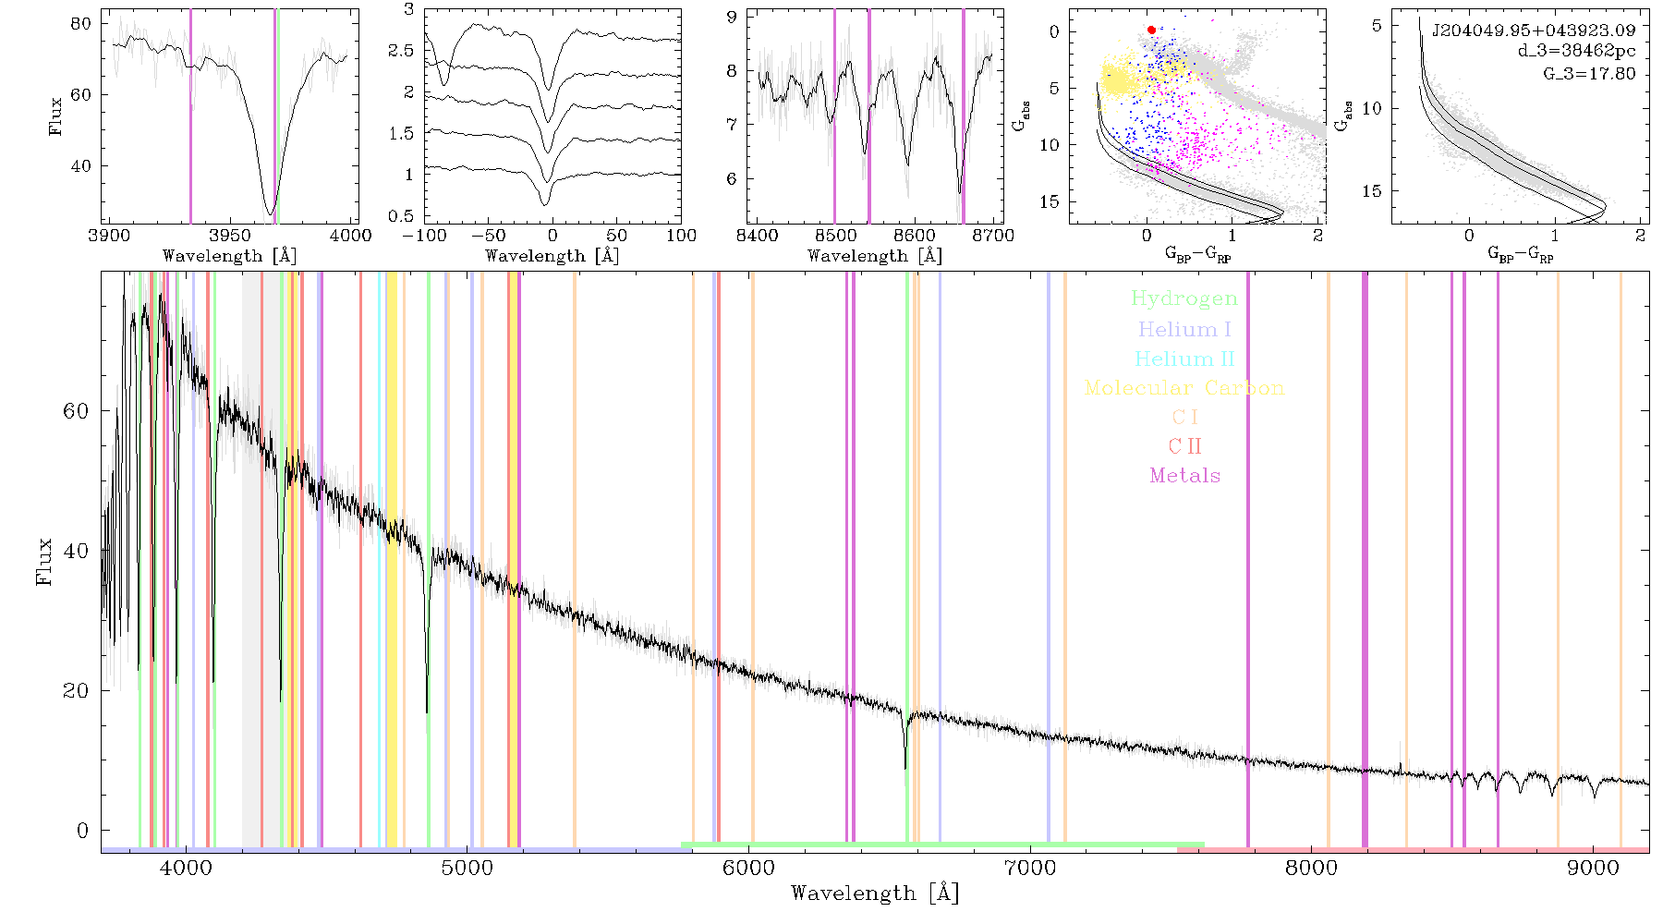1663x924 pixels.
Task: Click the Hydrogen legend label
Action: click(x=1184, y=299)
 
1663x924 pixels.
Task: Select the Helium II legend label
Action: click(x=1184, y=359)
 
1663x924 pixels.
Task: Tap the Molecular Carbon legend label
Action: click(x=1184, y=388)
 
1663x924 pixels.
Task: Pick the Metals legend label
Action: click(x=1184, y=476)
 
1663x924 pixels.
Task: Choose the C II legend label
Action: click(x=1184, y=446)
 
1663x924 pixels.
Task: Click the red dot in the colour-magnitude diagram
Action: click(x=1151, y=30)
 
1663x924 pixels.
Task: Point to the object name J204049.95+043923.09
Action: click(x=1534, y=30)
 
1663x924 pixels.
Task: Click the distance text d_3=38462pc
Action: click(x=1576, y=52)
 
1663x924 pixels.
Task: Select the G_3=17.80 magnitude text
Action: click(x=1589, y=74)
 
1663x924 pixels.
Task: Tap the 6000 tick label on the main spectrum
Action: click(x=748, y=868)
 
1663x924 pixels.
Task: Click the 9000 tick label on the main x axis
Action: click(x=1593, y=868)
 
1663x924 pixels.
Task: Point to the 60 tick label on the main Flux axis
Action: click(x=76, y=410)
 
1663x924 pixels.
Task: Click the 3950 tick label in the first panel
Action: click(x=229, y=236)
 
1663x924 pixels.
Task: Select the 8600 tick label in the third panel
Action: click(x=915, y=236)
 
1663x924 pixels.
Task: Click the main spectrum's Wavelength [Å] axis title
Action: click(x=875, y=894)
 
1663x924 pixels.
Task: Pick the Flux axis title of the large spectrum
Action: click(x=43, y=562)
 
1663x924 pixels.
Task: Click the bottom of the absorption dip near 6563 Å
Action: click(x=905, y=768)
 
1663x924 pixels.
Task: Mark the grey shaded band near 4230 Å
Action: click(x=251, y=558)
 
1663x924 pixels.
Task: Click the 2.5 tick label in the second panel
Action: click(x=401, y=51)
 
